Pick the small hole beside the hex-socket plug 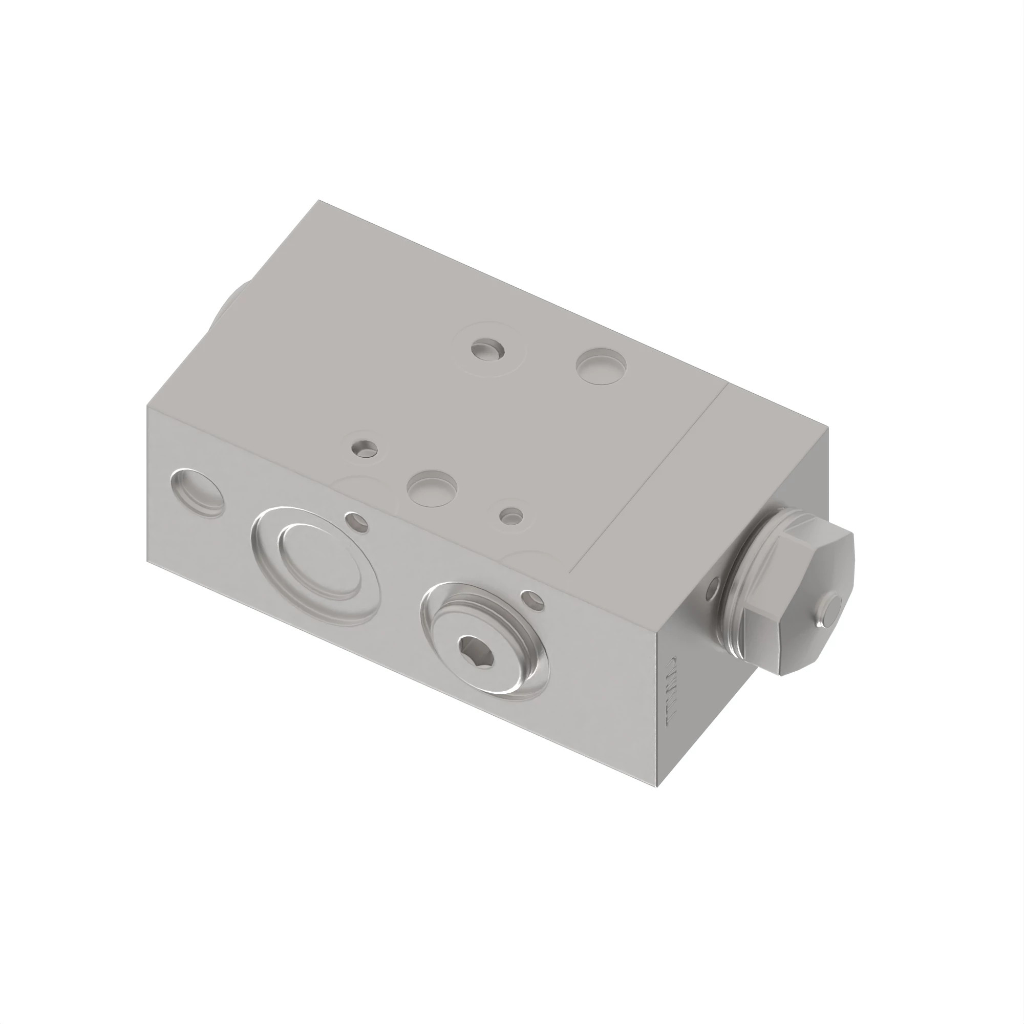pyautogui.click(x=532, y=600)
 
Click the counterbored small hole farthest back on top pyautogui.click(x=488, y=350)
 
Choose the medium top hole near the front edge pyautogui.click(x=432, y=487)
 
